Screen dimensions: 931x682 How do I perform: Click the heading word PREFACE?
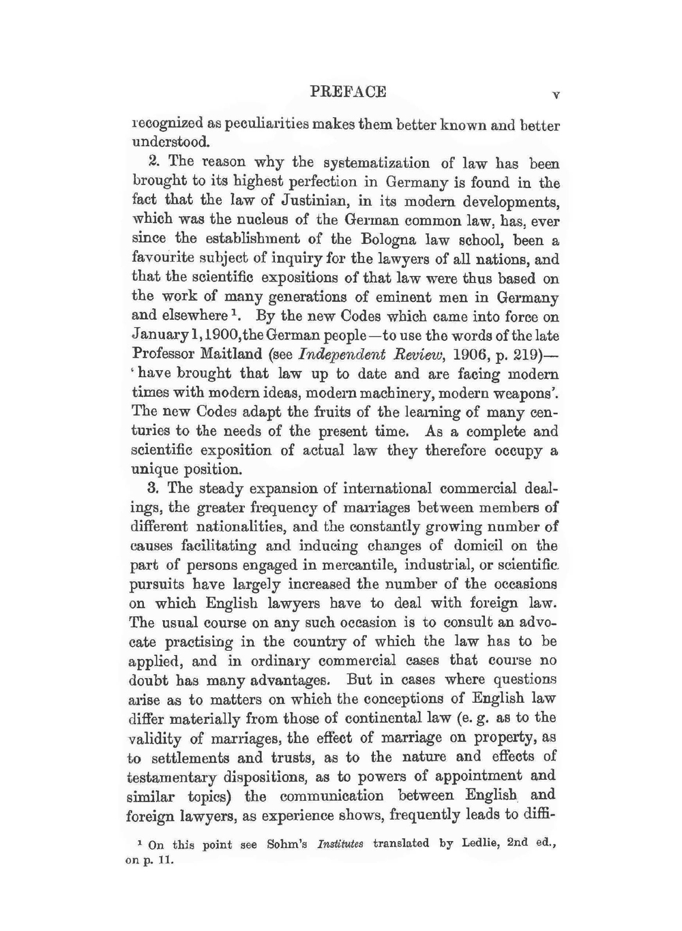(348, 91)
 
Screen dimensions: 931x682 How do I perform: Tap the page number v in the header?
(556, 95)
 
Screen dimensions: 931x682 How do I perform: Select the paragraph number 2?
(153, 162)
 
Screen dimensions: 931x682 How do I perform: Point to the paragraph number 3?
(153, 489)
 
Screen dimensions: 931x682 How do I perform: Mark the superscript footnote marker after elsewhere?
(233, 314)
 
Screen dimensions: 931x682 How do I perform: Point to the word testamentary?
(172, 777)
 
